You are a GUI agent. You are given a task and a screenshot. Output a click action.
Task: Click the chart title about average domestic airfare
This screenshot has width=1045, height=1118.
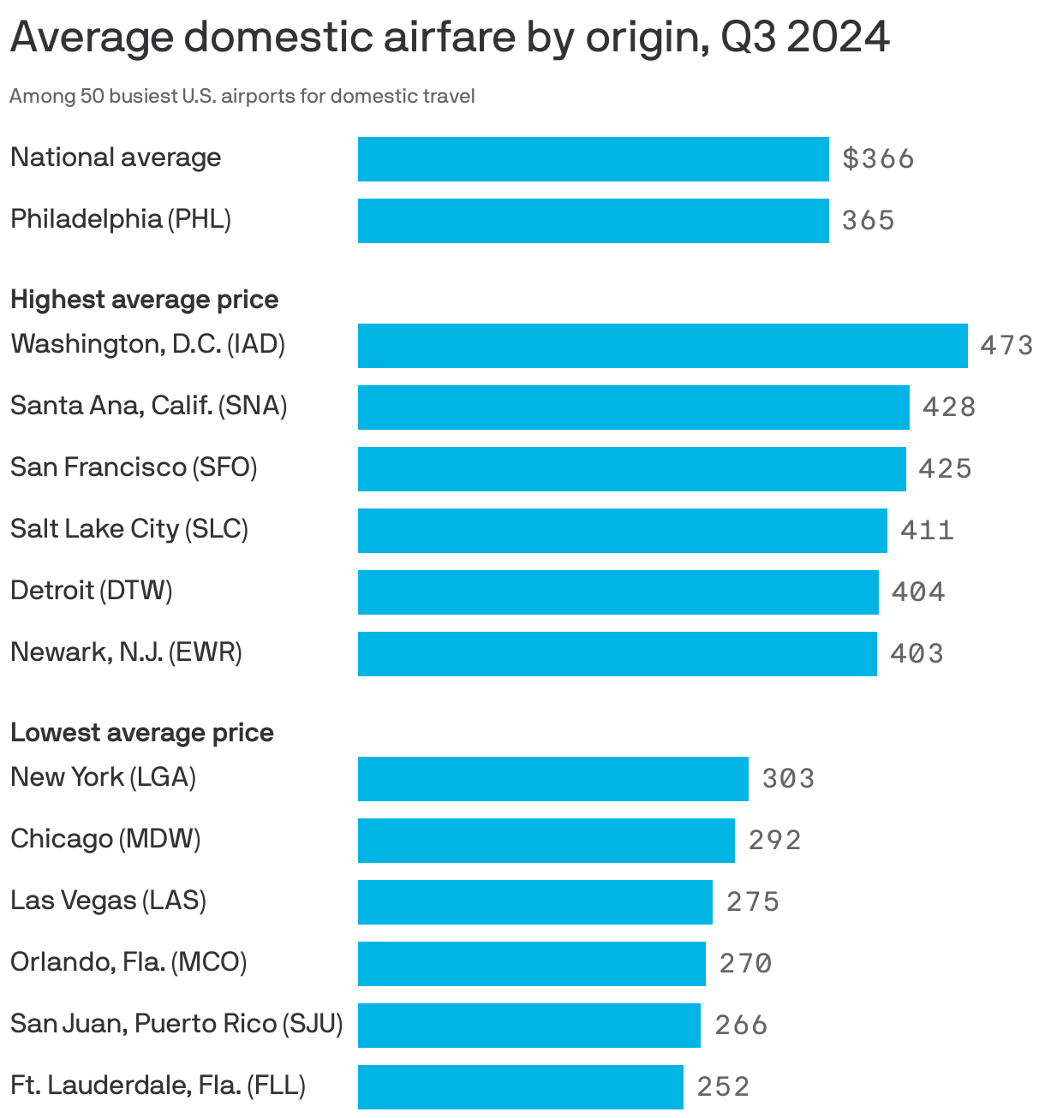450,39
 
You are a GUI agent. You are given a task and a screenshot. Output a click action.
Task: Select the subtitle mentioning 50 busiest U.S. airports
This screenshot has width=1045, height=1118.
242,96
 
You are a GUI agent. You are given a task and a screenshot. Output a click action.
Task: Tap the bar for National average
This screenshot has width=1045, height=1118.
593,159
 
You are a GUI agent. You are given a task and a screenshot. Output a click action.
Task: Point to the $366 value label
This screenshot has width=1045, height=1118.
878,159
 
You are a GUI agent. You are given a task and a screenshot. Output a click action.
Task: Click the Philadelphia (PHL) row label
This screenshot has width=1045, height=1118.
121,219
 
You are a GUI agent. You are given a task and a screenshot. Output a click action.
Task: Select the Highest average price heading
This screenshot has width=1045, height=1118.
144,300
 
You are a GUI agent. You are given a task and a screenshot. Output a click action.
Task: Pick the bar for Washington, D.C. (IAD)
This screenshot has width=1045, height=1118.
662,346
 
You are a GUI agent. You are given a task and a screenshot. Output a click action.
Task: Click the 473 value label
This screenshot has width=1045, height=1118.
1006,346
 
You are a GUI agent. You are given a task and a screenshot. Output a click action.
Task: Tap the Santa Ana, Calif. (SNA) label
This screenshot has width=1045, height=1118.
148,406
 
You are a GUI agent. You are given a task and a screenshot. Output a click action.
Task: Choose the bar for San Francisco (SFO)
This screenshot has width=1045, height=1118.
631,469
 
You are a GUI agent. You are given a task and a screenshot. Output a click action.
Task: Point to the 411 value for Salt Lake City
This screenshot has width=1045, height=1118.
927,531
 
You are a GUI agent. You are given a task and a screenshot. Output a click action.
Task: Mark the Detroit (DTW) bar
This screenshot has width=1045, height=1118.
618,592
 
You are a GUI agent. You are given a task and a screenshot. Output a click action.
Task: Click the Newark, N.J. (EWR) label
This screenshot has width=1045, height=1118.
126,652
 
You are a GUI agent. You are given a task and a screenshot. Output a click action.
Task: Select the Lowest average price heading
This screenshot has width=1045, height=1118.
142,733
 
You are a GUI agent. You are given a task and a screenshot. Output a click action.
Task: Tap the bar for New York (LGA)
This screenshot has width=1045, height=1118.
552,779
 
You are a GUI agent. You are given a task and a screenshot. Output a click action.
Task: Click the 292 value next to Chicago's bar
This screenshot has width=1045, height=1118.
774,841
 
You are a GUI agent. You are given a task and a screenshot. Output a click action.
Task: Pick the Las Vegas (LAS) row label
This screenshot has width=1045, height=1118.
108,901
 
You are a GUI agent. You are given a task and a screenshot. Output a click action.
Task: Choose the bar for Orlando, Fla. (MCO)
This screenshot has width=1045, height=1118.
531,964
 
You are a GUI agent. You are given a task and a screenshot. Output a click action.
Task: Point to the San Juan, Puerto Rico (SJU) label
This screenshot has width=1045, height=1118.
176,1024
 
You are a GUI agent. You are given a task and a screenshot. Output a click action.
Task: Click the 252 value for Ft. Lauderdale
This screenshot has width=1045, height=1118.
723,1087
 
